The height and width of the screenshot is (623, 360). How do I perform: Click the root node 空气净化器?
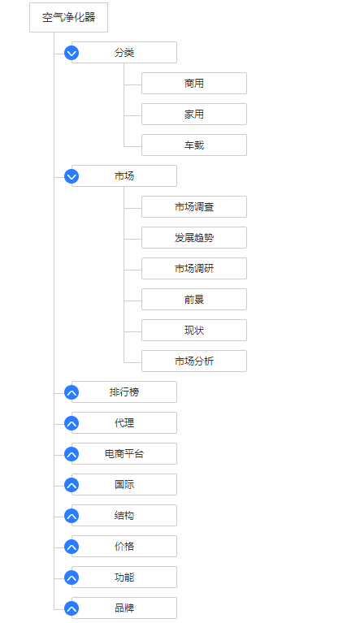68,18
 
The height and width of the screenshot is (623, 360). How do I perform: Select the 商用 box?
194,84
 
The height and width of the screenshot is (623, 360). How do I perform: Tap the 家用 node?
194,114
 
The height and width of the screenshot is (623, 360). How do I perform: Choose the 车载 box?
194,145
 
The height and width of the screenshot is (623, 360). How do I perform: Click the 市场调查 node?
194,206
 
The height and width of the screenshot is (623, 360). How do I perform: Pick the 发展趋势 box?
194,238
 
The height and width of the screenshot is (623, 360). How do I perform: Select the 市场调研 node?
194,269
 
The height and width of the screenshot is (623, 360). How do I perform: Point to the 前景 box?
194,299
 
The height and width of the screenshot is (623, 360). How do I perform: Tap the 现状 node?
194,330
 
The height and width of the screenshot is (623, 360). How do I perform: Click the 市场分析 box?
194,361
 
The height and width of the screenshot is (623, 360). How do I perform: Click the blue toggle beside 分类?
72,53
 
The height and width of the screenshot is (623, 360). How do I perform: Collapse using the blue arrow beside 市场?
72,176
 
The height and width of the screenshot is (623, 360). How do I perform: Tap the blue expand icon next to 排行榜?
72,392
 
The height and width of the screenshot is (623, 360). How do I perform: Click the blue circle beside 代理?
72,423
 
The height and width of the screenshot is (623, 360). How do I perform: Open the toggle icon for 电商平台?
72,454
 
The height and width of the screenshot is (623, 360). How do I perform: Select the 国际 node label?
124,485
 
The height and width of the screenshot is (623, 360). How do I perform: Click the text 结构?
124,516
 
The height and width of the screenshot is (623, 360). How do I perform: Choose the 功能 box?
124,578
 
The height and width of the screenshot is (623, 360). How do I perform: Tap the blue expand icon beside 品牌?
72,608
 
